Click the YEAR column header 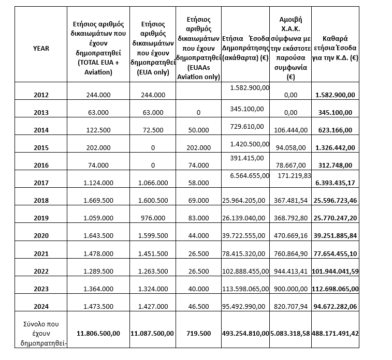[x=41, y=48]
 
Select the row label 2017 [x=41, y=183]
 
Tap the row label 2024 [x=41, y=306]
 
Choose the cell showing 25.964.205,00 [x=245, y=200]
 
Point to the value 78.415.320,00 [x=245, y=253]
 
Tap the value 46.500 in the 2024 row [x=198, y=306]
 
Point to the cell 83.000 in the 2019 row [x=198, y=218]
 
